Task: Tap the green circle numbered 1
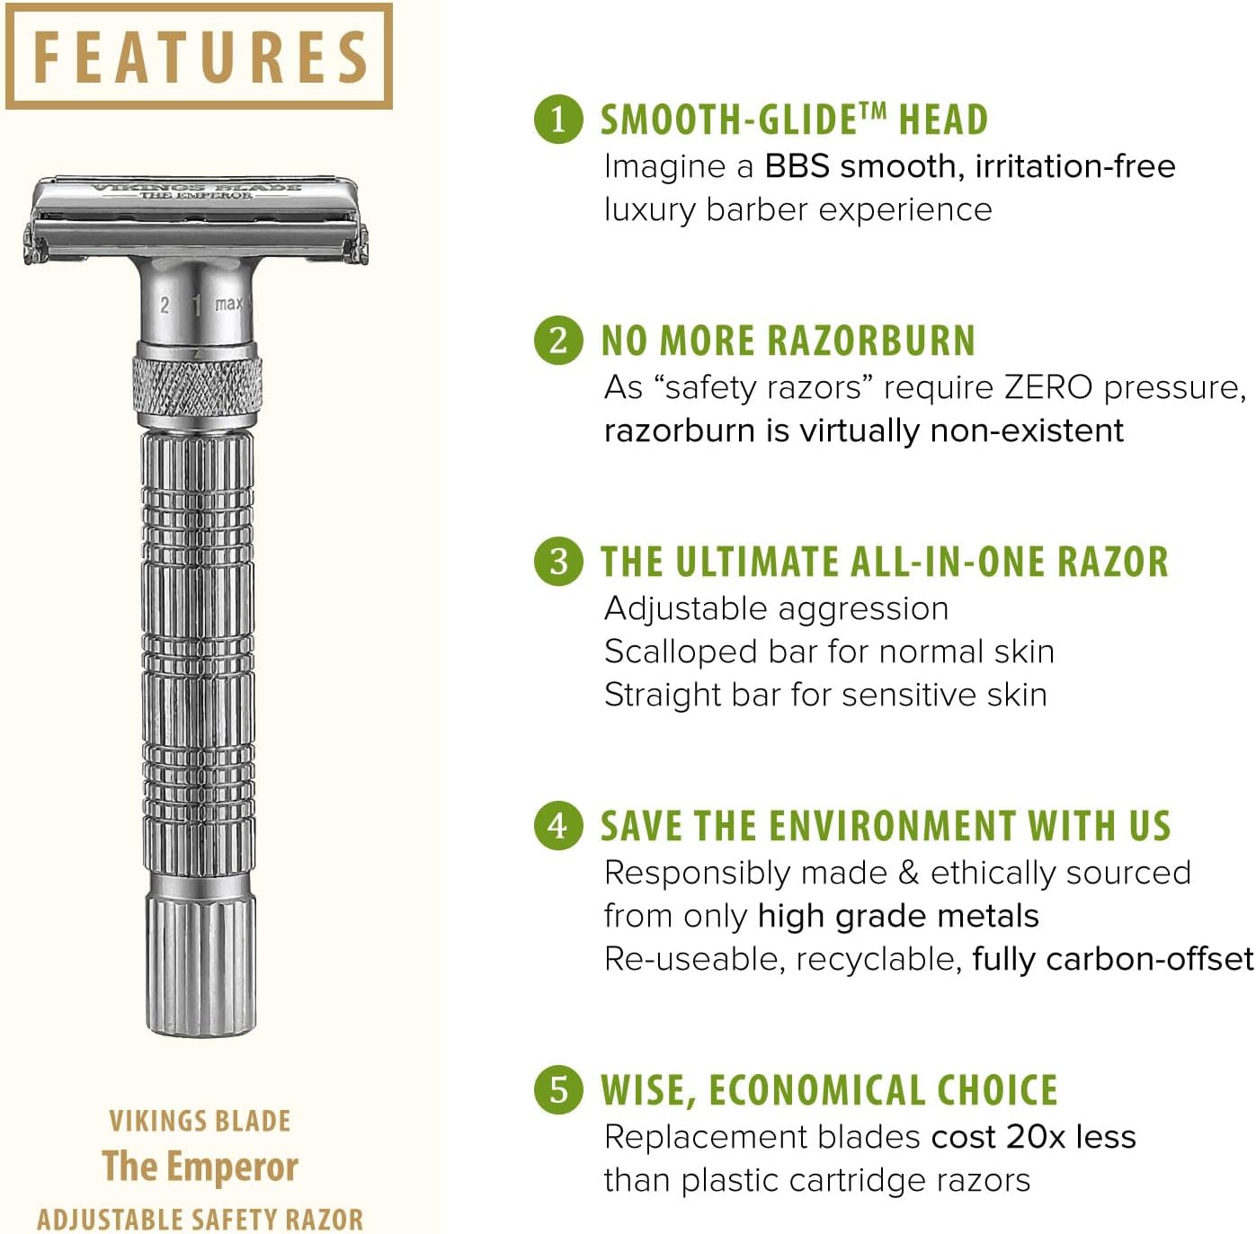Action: tap(558, 120)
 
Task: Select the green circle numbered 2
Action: tap(558, 341)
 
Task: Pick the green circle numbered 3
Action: tap(558, 561)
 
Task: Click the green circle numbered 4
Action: tap(558, 825)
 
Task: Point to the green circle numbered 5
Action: tap(558, 1089)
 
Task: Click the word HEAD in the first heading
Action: tap(943, 120)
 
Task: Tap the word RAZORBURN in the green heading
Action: tap(871, 341)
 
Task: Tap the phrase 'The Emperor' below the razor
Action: tap(200, 1166)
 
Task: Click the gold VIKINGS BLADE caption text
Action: tap(200, 1122)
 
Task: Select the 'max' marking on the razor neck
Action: tap(228, 303)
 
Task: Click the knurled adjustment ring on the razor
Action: tap(198, 386)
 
